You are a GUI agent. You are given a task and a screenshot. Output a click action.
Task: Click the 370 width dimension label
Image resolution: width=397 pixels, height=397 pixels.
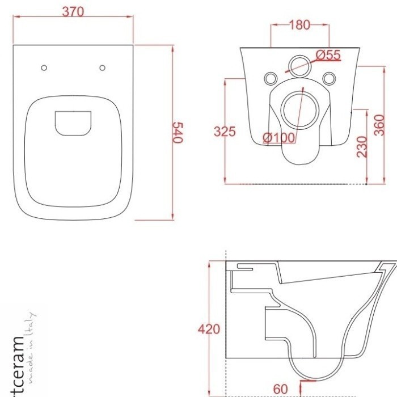pos(73,12)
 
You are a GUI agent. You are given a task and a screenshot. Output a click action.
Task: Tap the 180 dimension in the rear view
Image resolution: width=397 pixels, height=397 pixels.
pos(299,24)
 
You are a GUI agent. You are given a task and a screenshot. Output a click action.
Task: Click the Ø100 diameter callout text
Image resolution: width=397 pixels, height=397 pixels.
pos(278,137)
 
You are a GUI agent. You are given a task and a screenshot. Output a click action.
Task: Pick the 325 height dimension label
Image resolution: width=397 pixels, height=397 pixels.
pos(225,132)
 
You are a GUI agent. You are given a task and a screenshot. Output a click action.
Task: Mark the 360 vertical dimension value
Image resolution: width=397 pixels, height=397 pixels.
pos(379,125)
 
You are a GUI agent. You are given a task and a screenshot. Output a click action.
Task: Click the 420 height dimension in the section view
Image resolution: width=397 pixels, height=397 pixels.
pos(209,329)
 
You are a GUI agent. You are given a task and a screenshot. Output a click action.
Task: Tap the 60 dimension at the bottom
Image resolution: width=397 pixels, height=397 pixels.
pos(281,388)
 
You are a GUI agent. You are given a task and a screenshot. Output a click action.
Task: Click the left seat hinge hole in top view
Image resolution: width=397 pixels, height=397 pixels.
pos(44,68)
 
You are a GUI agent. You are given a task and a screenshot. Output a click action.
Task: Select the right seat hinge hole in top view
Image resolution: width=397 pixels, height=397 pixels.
pos(102,68)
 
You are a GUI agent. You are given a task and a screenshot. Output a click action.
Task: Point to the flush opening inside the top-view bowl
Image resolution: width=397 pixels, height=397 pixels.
pos(73,123)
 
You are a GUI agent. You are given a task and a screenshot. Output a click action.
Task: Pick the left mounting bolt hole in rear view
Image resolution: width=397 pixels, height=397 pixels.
pos(271,78)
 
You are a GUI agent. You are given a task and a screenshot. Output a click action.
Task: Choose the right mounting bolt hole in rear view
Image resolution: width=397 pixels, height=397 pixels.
pos(328,78)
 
